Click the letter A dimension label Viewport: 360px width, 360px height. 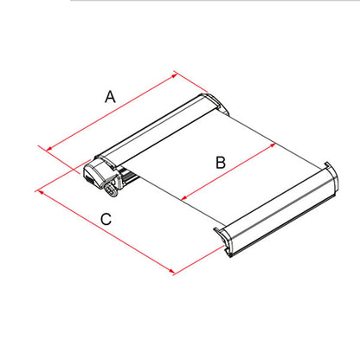click(110, 97)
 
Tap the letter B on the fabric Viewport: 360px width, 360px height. click(221, 163)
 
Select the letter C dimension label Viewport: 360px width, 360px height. click(106, 219)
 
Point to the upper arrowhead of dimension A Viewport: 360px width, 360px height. click(174, 75)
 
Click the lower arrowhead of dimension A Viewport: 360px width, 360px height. click(49, 149)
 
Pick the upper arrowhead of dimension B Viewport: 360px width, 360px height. click(273, 145)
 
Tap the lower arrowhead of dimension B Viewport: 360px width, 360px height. click(184, 197)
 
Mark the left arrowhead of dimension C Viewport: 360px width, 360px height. click(41, 192)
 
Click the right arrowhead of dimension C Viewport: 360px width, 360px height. click(171, 271)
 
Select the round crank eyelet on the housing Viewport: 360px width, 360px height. click(111, 190)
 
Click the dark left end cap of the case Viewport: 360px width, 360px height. click(93, 174)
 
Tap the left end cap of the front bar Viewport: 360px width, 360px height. click(223, 241)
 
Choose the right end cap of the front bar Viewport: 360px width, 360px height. click(331, 178)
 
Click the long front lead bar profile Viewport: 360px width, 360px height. click(276, 209)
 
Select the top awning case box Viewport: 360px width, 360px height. click(157, 132)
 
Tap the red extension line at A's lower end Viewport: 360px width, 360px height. click(59, 160)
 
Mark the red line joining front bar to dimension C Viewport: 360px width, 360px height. click(199, 260)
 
